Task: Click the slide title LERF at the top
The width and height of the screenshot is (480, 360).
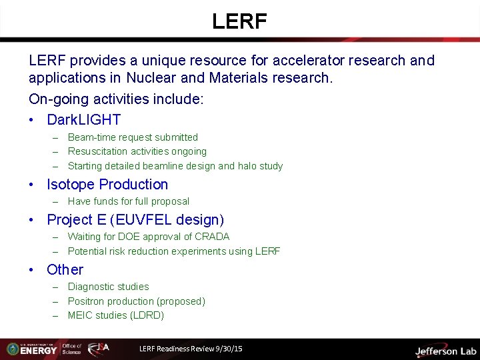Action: pos(239,21)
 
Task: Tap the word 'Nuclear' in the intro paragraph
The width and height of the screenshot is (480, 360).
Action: pos(155,78)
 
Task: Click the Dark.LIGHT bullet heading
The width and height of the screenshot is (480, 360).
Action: pos(83,120)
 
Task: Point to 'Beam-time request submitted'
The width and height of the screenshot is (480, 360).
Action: pos(133,137)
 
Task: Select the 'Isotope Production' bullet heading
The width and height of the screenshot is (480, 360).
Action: pos(107,185)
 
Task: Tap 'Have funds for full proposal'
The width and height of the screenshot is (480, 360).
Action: pos(128,201)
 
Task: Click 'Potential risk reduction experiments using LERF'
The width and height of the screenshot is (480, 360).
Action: pos(173,251)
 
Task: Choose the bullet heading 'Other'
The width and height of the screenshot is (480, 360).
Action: pos(65,270)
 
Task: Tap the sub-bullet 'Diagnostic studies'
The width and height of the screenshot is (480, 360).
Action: pos(108,287)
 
